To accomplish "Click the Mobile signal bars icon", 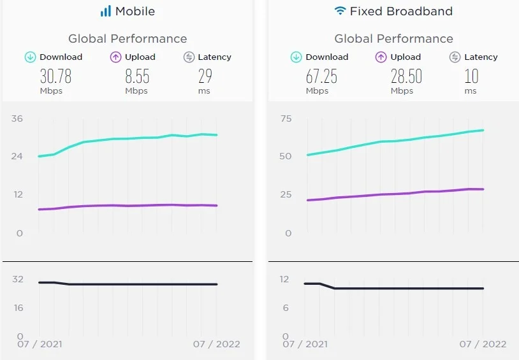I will tap(105, 11).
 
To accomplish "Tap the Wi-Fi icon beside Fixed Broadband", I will tap(340, 11).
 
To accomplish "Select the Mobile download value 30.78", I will tap(55, 77).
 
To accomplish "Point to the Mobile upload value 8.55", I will tap(137, 77).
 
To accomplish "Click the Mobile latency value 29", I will tap(205, 77).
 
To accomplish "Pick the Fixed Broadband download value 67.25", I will tap(321, 77).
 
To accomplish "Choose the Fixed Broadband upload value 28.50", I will tap(406, 77).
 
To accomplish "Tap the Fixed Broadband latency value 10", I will tap(471, 77).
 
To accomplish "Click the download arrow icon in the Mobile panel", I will tap(30, 57).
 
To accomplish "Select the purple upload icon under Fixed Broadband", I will tap(381, 57).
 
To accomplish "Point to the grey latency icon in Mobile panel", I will tap(189, 57).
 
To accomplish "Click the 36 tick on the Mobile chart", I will tap(17, 119).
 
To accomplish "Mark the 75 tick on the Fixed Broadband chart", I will tap(285, 119).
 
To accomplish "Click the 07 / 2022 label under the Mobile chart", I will tap(216, 344).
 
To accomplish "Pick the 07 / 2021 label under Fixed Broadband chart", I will tap(304, 344).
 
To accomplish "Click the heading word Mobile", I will tap(135, 11).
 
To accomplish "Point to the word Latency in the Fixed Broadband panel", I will tap(481, 57).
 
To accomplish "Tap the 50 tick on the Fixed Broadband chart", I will tap(285, 156).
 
